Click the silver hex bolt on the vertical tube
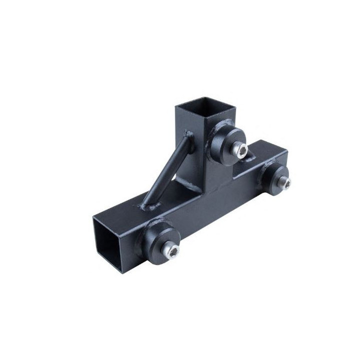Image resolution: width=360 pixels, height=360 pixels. pos(239,150)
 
